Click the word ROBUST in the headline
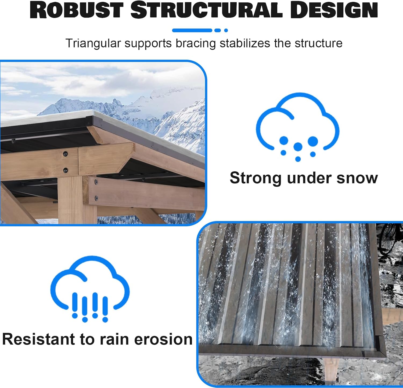tap(77, 10)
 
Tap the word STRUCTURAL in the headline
tap(206, 10)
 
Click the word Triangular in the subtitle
tap(93, 43)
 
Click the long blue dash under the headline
tap(192, 30)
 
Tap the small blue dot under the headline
tap(226, 30)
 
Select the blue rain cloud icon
tap(90, 289)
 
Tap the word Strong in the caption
tap(256, 178)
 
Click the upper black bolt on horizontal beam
tap(65, 154)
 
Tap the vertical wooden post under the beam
tap(70, 201)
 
